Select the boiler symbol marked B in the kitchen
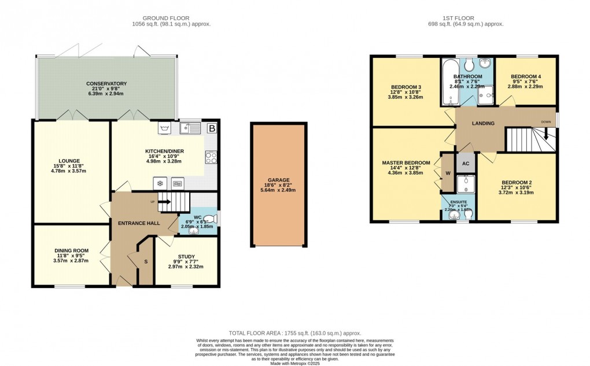pyautogui.click(x=212, y=128)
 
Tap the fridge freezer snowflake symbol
pyautogui.click(x=158, y=183)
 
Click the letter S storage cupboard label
pyautogui.click(x=146, y=262)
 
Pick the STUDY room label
pyautogui.click(x=186, y=257)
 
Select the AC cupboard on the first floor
pyautogui.click(x=465, y=164)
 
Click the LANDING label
pyautogui.click(x=482, y=123)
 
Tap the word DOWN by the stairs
pyautogui.click(x=545, y=122)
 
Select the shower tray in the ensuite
pyautogui.click(x=465, y=184)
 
